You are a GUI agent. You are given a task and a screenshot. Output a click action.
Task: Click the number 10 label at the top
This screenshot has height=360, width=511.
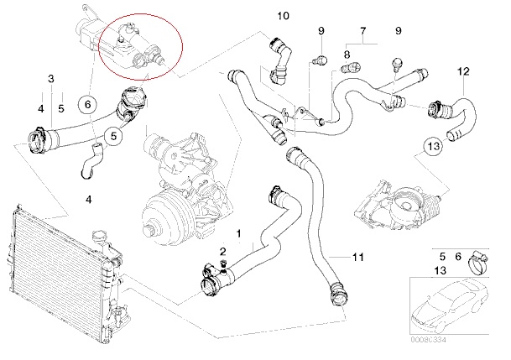click(282, 16)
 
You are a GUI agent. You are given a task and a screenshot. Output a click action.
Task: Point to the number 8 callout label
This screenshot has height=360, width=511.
click(346, 55)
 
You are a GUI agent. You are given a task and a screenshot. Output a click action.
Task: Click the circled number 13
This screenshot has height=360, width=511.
click(431, 147)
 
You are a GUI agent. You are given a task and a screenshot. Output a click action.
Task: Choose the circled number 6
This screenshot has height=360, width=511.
click(86, 105)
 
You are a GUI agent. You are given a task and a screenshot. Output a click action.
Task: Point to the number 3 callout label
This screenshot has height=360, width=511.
click(50, 79)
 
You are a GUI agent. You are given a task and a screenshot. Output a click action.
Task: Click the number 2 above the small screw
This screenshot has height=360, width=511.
click(222, 251)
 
